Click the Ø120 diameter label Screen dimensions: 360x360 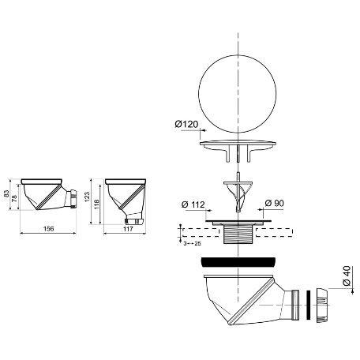click(x=186, y=124)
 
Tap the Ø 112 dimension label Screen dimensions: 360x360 click(x=193, y=204)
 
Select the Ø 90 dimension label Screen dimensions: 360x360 click(x=275, y=203)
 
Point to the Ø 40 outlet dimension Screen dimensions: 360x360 click(x=347, y=276)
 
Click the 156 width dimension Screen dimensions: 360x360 click(x=48, y=229)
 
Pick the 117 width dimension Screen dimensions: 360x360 click(x=128, y=229)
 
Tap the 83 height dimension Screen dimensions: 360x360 click(x=6, y=193)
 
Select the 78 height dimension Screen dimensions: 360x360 click(x=15, y=198)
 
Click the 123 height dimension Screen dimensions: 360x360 click(x=87, y=197)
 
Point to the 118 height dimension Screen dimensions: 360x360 click(x=96, y=204)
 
